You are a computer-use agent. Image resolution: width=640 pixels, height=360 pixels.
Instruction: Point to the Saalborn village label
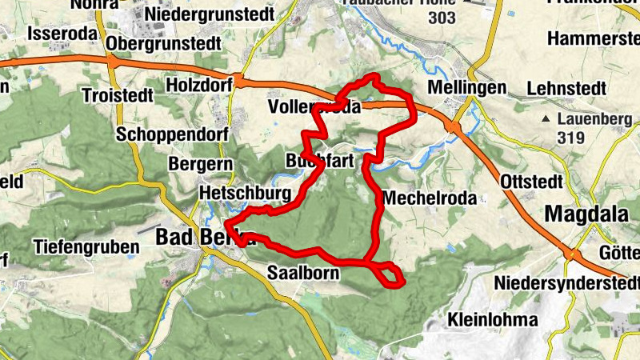pos(304,272)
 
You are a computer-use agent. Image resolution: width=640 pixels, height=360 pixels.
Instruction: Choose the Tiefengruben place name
pos(86,246)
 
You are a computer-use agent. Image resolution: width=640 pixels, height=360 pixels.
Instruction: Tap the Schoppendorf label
pos(172,134)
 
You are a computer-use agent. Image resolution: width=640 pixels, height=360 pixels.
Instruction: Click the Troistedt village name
pos(117,95)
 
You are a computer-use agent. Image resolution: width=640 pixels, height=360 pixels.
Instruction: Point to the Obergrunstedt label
pos(163,42)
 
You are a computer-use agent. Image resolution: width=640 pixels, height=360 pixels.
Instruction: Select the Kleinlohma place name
pos(493,319)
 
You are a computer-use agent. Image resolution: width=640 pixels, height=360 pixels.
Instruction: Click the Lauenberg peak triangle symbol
pos(546,120)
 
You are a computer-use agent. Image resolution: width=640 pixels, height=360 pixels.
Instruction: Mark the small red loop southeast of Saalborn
pos(390,274)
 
